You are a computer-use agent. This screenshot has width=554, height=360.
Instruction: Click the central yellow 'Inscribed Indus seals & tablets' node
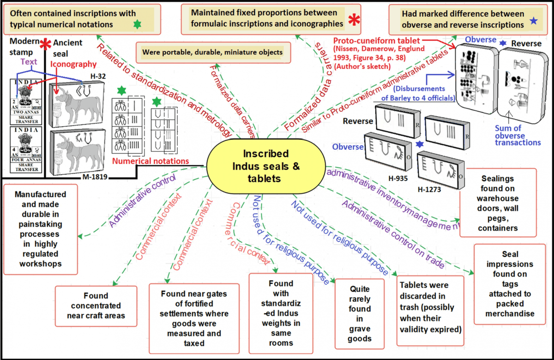[x=265, y=166]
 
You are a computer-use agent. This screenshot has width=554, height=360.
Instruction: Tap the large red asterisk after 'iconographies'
[x=355, y=20]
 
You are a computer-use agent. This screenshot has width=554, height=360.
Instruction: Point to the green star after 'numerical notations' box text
[x=137, y=24]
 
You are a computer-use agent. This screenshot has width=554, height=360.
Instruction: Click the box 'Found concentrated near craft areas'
[x=96, y=306]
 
